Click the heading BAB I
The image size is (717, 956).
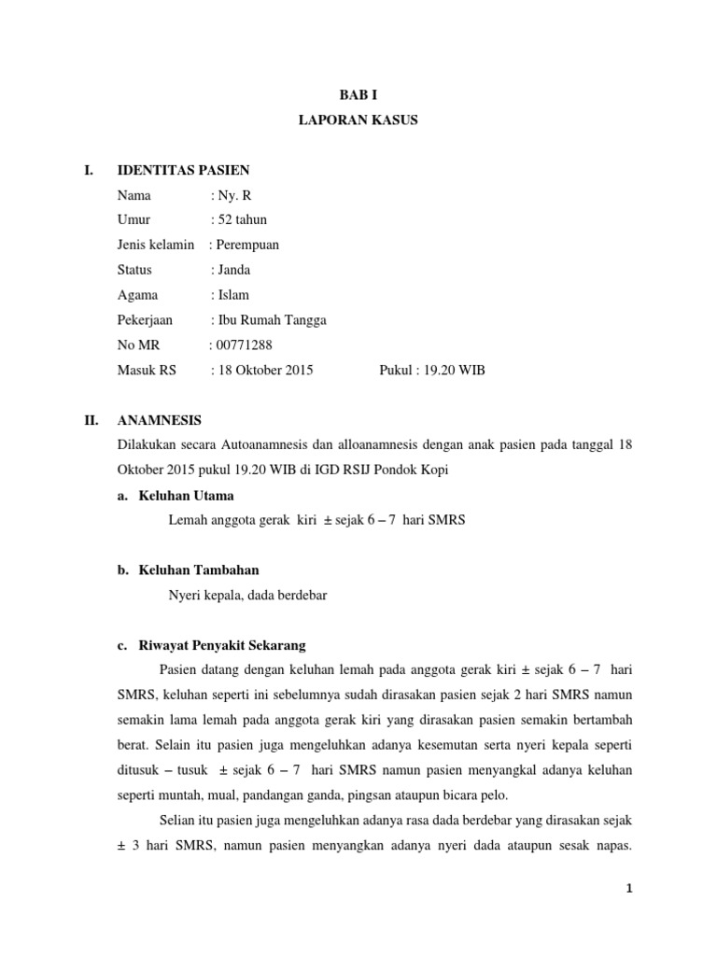click(358, 94)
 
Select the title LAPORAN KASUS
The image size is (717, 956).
click(358, 119)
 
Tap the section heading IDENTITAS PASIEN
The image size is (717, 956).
click(183, 170)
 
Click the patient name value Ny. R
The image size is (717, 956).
click(233, 195)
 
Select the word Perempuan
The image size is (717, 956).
click(247, 245)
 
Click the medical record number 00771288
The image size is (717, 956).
click(245, 345)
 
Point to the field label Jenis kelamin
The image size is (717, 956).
click(156, 245)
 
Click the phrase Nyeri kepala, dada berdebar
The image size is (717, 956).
click(246, 596)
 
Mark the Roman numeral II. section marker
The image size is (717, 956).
click(91, 420)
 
